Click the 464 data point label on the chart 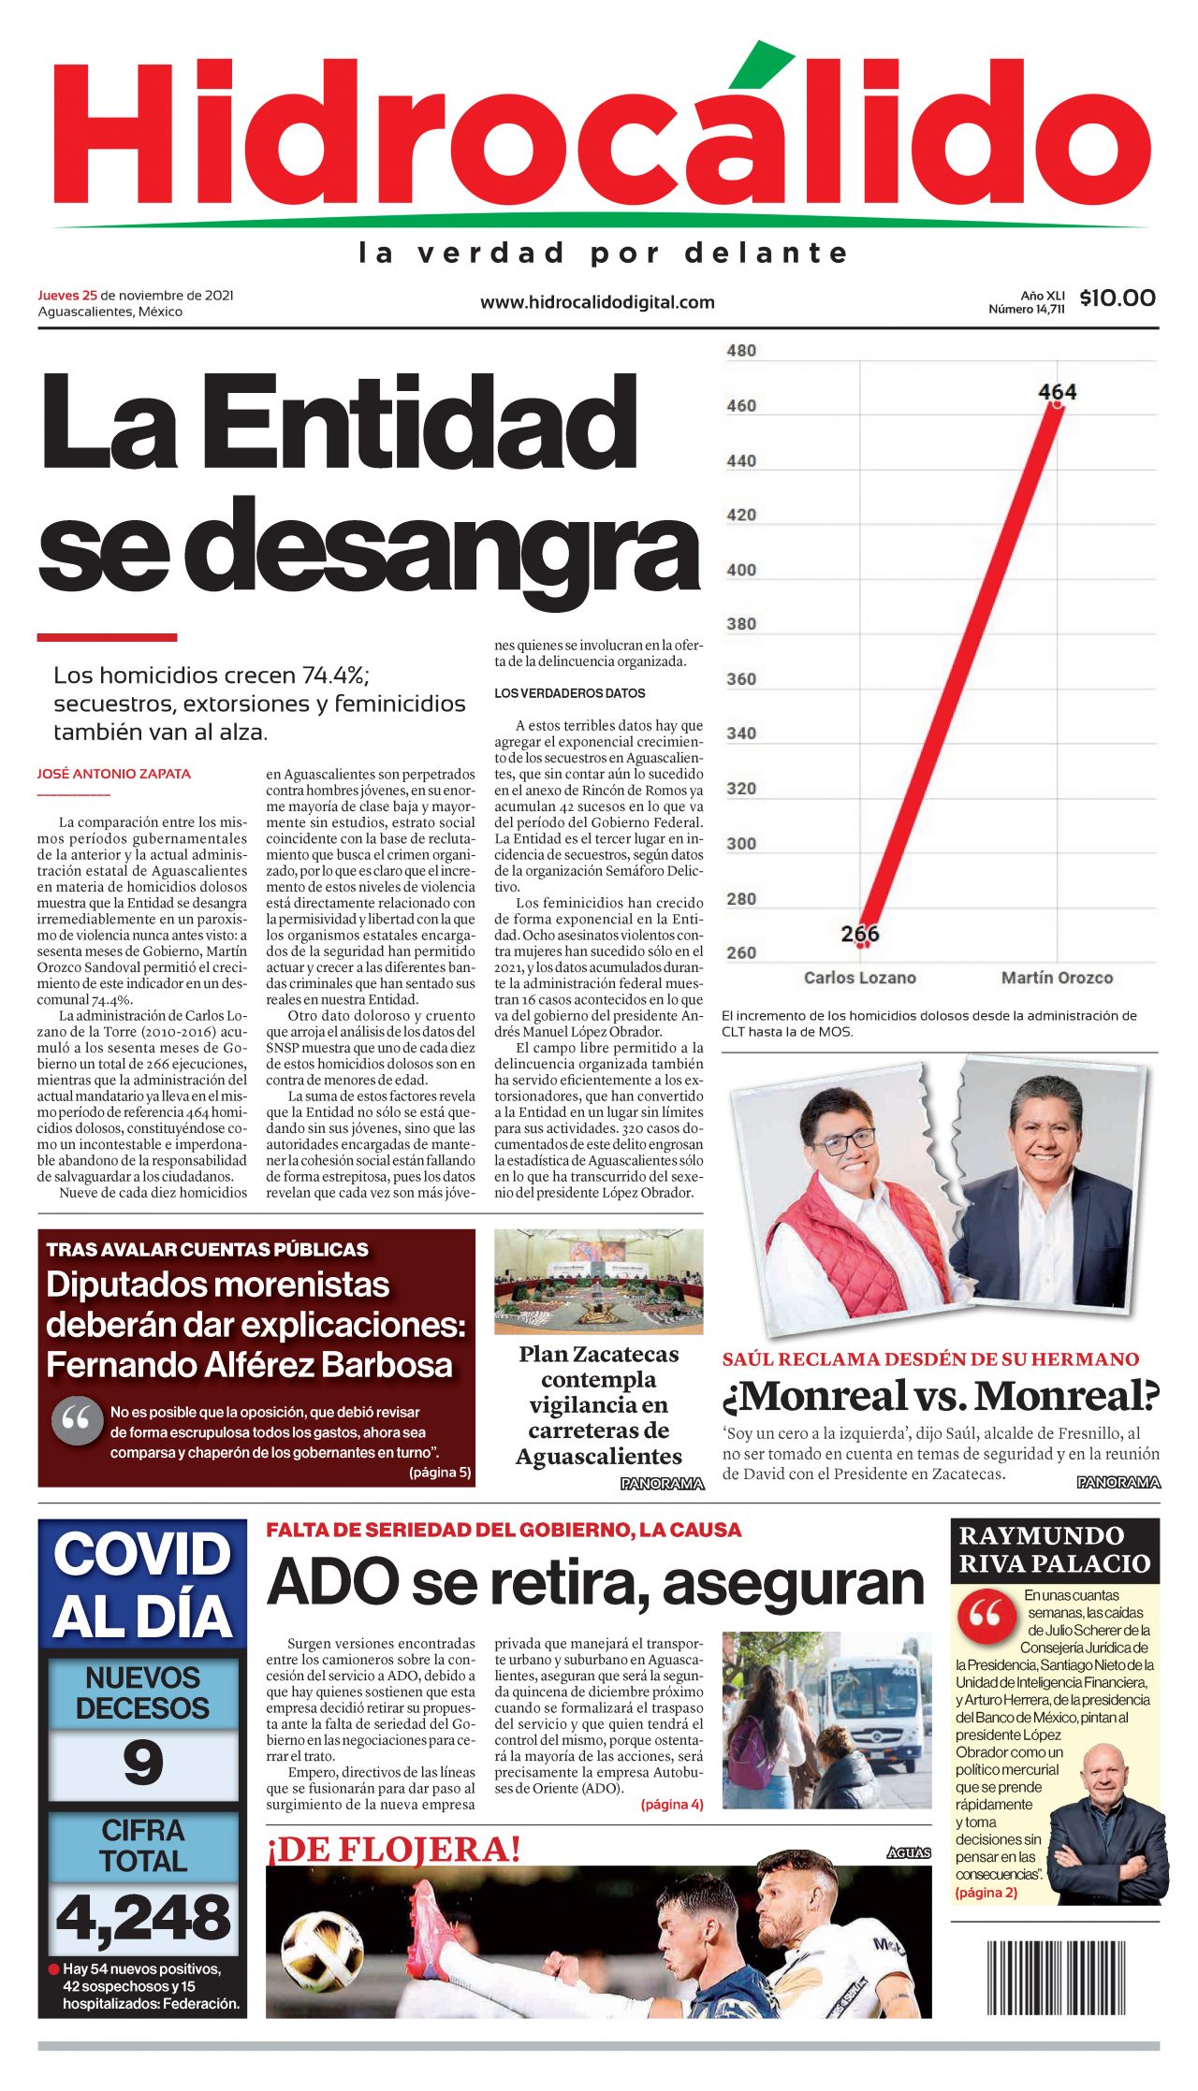click(1057, 392)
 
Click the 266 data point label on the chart click(859, 933)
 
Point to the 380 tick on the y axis click(741, 624)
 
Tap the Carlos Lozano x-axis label click(859, 978)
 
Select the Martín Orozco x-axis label click(1057, 978)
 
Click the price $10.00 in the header click(1117, 298)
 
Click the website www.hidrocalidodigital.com click(597, 302)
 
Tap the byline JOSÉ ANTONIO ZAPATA click(114, 774)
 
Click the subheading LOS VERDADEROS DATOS click(570, 693)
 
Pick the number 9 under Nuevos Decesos click(143, 1763)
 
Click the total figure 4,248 click(143, 1917)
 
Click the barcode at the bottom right click(1056, 1978)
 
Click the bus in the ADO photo click(876, 1706)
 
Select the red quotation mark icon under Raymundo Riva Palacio click(985, 1613)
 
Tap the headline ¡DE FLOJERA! click(394, 1850)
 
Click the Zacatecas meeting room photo click(598, 1280)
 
